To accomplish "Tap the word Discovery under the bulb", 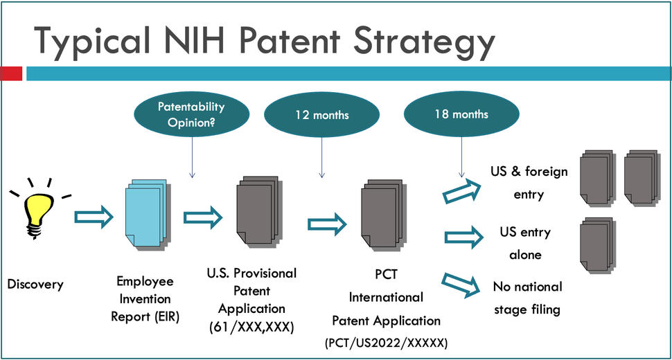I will point(35,284).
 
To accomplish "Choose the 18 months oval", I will point(461,114).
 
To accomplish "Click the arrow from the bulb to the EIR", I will point(93,218).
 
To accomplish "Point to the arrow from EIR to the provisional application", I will point(202,218).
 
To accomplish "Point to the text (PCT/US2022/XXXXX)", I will point(385,342).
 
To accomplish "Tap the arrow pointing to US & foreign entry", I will point(461,192).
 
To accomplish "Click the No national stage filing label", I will point(527,298).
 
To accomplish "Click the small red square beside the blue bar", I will point(11,73).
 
